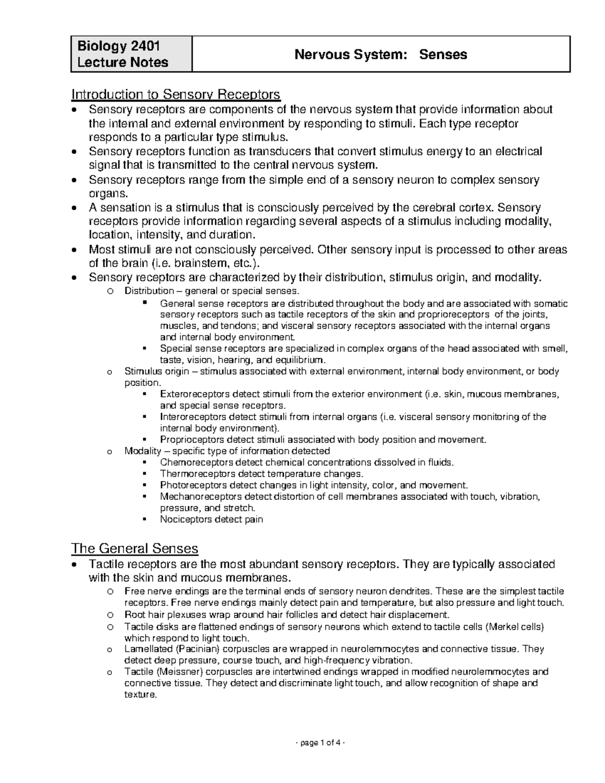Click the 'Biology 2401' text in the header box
(118, 46)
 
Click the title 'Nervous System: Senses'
(381, 54)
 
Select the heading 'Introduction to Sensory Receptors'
(175, 94)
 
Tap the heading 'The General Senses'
(135, 548)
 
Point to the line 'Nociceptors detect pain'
(211, 519)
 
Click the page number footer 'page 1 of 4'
(302, 743)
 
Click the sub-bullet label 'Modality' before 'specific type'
(142, 451)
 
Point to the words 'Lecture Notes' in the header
(123, 63)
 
